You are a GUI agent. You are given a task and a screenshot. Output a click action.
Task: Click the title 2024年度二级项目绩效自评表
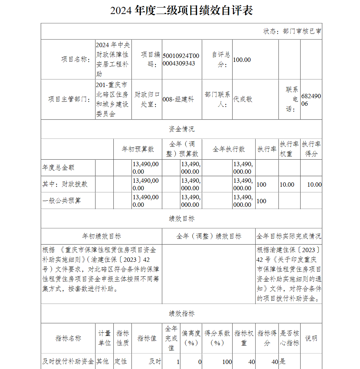pos(181,10)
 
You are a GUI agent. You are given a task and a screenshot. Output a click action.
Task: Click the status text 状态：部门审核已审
pos(292,31)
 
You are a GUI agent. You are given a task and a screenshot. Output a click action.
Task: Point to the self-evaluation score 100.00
pos(242,60)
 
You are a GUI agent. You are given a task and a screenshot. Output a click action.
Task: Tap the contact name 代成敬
pos(243,99)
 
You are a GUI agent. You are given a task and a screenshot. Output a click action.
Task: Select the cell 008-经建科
pos(178,100)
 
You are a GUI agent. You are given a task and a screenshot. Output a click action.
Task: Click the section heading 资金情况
pos(181,129)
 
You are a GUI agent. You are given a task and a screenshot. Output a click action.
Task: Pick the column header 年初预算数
pos(138,149)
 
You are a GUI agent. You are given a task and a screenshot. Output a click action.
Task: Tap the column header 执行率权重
pos(289,149)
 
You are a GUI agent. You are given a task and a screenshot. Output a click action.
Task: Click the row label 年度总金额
pos(58,168)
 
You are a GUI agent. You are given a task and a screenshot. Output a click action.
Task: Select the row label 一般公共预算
pos(62,201)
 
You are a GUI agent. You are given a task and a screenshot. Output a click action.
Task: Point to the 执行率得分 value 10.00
pos(314,184)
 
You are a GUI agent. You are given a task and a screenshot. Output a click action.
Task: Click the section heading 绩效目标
pos(181,219)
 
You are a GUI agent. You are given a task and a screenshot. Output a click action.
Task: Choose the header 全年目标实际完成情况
pos(289,236)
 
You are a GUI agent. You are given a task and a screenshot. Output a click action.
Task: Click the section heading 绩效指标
pos(181,314)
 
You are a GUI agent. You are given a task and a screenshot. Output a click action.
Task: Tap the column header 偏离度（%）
pos(191,338)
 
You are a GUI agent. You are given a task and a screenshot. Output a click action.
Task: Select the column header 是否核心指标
pos(289,338)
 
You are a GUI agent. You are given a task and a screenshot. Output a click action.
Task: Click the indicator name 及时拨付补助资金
pos(68,361)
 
